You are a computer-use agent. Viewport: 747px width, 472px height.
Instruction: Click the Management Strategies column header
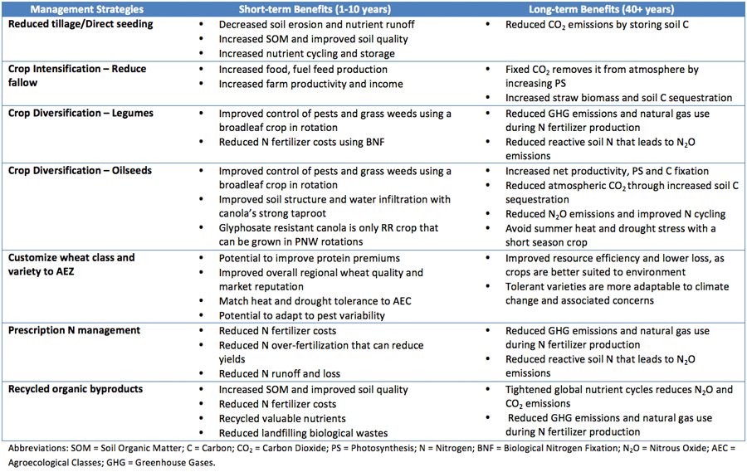(86, 9)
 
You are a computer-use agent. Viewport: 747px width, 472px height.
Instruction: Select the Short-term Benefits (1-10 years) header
(315, 9)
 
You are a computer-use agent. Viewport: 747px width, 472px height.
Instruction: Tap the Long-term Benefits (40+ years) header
(601, 9)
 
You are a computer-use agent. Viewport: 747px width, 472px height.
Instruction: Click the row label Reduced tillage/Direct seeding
(81, 24)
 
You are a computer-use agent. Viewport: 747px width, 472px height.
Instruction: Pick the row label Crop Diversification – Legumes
(81, 114)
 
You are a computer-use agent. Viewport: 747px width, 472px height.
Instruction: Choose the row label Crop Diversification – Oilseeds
(80, 171)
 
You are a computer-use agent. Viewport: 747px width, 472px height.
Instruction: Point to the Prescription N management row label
(75, 330)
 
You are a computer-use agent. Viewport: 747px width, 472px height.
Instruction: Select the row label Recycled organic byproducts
(76, 389)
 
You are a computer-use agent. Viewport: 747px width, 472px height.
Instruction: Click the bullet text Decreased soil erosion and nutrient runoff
(317, 25)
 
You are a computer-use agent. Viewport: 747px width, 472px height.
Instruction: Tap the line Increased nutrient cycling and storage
(307, 54)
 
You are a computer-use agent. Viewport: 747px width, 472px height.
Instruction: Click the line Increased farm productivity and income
(310, 85)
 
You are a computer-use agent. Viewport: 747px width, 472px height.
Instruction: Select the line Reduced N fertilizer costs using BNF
(301, 142)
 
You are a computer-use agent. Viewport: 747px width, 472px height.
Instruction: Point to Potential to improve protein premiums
(310, 259)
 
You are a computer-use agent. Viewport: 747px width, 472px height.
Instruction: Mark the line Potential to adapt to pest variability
(301, 316)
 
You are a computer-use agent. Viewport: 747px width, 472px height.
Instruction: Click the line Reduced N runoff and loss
(280, 374)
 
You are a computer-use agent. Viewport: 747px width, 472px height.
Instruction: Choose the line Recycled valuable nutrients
(282, 419)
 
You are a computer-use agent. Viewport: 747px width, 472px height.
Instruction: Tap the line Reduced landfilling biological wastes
(304, 433)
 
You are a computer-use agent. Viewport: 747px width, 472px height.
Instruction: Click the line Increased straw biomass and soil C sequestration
(619, 98)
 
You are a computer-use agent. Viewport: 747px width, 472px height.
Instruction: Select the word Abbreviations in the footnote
(38, 448)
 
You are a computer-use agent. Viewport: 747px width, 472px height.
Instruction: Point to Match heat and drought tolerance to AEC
(315, 301)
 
